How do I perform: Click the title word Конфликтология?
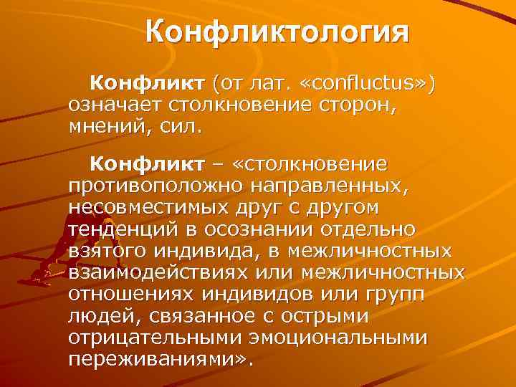pos(277,32)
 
